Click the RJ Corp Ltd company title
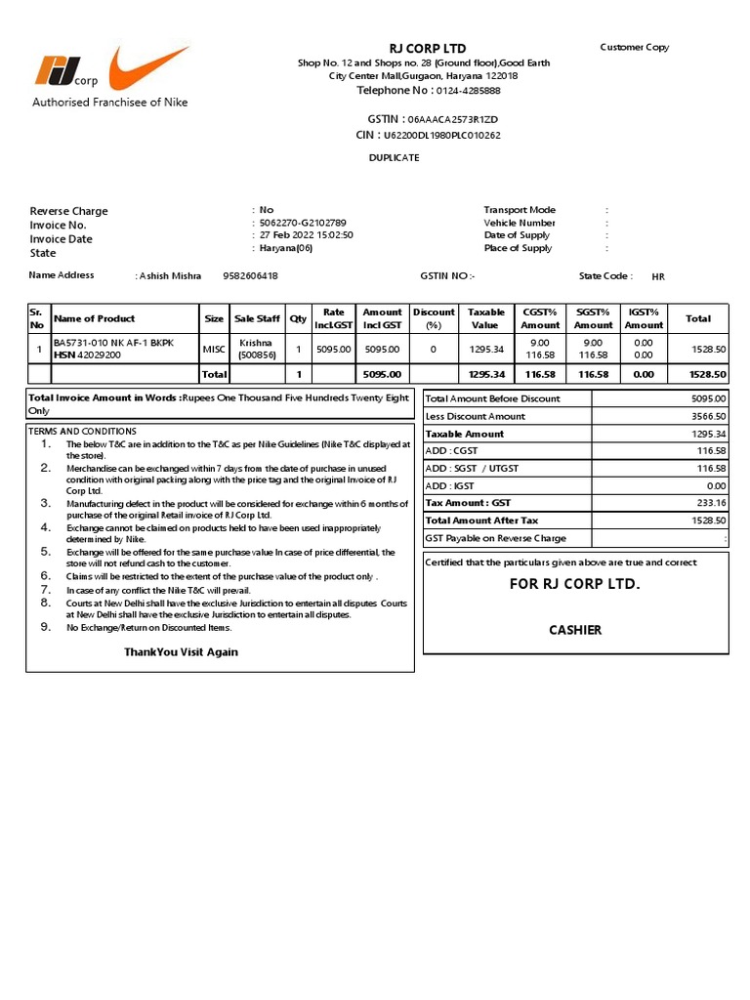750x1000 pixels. point(428,48)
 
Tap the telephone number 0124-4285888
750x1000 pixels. point(468,91)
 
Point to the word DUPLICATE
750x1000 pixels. point(394,157)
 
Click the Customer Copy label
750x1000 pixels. point(634,47)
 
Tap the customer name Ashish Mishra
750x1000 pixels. point(170,276)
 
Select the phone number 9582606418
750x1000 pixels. point(250,276)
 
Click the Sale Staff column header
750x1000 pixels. point(257,318)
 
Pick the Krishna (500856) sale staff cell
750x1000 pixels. point(257,350)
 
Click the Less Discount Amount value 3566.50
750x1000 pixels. point(706,416)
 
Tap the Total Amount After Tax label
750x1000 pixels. point(481,521)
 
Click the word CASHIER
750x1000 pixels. point(575,630)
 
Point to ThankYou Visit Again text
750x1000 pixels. point(181,651)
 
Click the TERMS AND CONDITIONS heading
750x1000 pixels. point(82,431)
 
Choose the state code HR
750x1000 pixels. point(658,276)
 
